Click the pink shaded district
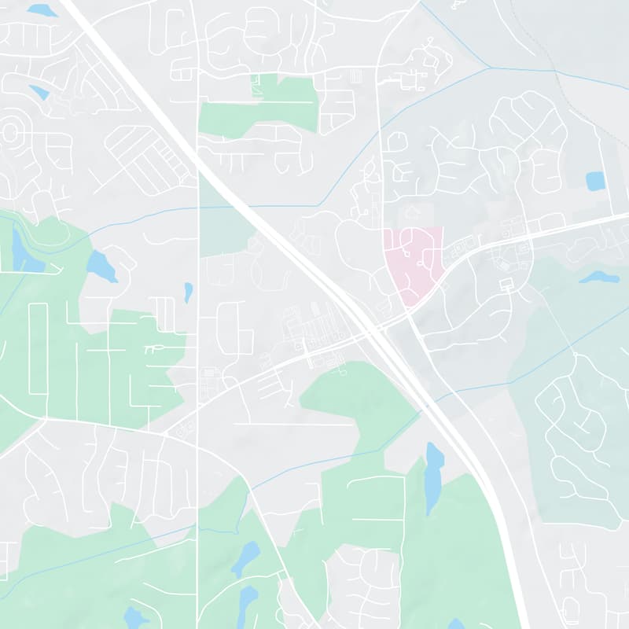coord(414,259)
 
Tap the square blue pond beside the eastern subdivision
coord(595,182)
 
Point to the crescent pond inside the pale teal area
coord(599,278)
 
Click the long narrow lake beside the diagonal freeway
coord(433,476)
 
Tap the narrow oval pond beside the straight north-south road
coord(188,292)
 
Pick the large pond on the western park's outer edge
coord(101,267)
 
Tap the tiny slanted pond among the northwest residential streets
coord(39,93)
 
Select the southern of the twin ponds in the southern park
coord(247,600)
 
